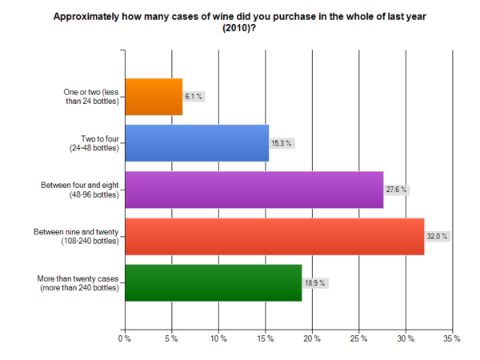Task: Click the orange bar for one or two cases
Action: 154,97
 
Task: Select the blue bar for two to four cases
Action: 196,143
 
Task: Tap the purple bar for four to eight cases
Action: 254,190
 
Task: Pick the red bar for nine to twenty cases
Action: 274,236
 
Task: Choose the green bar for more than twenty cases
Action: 213,282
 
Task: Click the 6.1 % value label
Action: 194,97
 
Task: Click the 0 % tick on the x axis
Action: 124,339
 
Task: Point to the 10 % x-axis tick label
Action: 218,339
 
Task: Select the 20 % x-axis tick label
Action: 311,339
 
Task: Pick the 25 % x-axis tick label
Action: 358,339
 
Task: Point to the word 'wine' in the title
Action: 216,15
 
